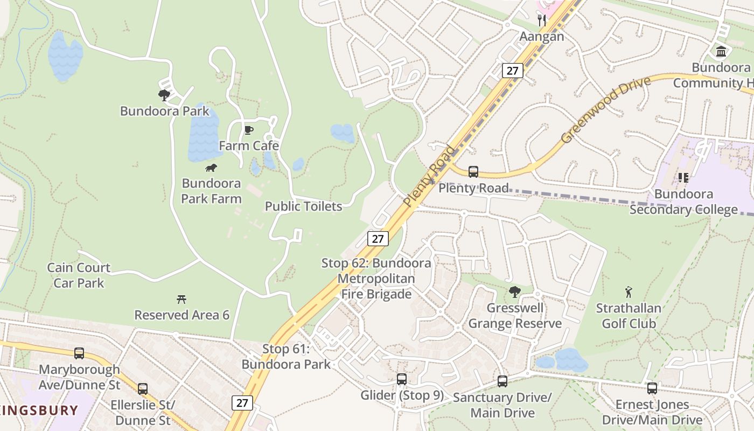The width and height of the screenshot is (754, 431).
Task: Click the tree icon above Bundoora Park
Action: (x=164, y=95)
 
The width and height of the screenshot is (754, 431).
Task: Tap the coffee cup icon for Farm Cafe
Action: (x=248, y=130)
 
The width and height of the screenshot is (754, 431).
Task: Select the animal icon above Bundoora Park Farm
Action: (x=211, y=168)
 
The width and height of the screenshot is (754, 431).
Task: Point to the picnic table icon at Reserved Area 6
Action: (x=181, y=299)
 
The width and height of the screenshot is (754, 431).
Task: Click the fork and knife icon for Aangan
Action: (x=542, y=20)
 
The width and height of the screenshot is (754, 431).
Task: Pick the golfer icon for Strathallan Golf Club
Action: (x=629, y=293)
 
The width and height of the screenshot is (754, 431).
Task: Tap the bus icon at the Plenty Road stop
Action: (x=473, y=172)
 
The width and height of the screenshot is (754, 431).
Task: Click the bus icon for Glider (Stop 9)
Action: (x=402, y=379)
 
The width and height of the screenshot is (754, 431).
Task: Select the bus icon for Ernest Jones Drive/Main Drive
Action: (x=652, y=388)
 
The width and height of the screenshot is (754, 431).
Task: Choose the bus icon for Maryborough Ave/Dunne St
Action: (x=79, y=353)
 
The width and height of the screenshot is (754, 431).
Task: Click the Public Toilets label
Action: (x=303, y=206)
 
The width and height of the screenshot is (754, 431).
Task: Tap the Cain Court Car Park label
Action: (x=79, y=275)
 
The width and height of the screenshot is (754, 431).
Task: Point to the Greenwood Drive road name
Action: (x=605, y=110)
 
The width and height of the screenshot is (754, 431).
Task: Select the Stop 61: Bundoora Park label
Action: (x=286, y=356)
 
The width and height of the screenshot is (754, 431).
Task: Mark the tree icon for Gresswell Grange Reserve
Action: (x=515, y=292)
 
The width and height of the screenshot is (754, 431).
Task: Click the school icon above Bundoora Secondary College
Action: (x=683, y=177)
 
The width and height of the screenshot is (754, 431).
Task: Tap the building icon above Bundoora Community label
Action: (x=721, y=52)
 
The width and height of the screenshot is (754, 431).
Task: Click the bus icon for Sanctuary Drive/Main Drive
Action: (x=502, y=381)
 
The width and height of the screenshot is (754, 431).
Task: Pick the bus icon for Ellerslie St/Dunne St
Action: (x=143, y=389)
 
